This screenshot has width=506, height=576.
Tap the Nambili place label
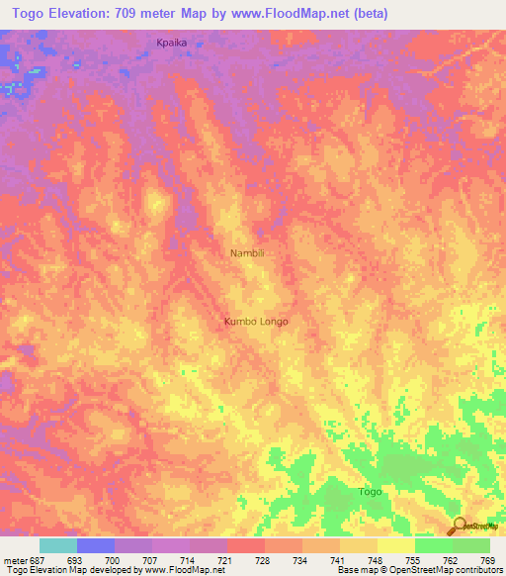[x=247, y=253]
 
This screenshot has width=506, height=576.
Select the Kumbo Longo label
[x=256, y=322]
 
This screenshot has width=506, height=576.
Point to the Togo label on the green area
[x=370, y=492]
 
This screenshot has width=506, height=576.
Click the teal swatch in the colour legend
[x=58, y=545]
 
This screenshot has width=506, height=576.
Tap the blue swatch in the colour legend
[x=96, y=545]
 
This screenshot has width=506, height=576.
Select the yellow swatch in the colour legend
[x=395, y=545]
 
